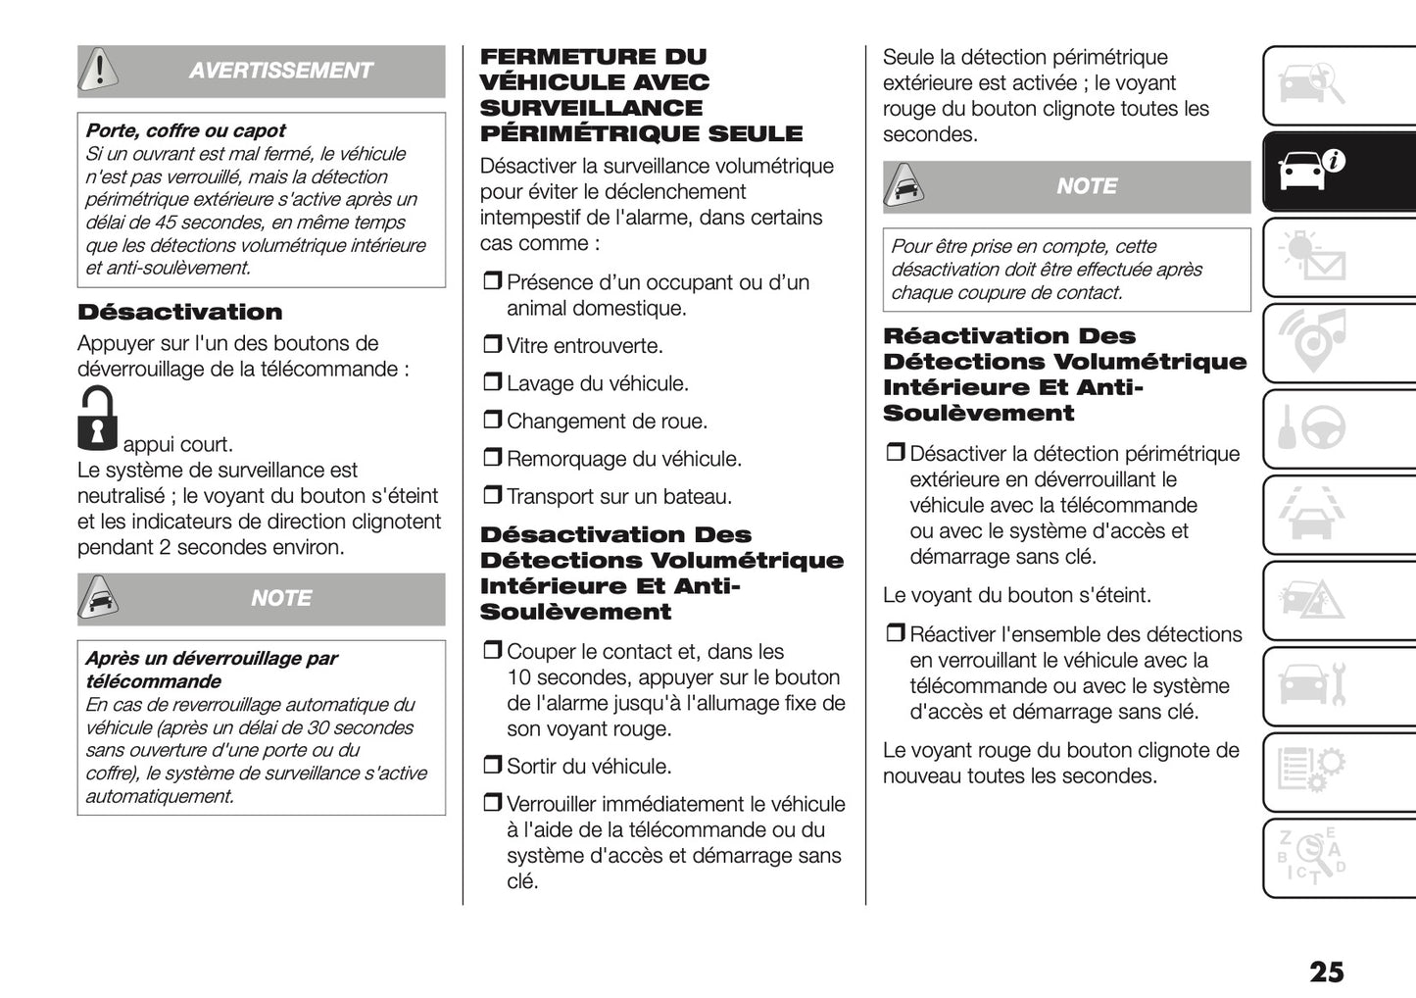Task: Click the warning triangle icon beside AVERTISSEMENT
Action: [x=99, y=69]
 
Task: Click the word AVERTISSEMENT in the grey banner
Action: [x=280, y=71]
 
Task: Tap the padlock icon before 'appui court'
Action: [x=97, y=420]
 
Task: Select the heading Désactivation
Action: [x=180, y=313]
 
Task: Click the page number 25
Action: [x=1326, y=972]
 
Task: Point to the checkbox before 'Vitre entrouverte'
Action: [x=492, y=345]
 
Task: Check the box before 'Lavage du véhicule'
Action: [x=492, y=382]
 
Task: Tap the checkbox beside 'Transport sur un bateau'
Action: [x=492, y=495]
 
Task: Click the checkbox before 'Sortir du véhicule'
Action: [x=492, y=765]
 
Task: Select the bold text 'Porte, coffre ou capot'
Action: [x=186, y=130]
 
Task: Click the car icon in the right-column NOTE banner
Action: [x=903, y=185]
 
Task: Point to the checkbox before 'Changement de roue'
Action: [x=492, y=421]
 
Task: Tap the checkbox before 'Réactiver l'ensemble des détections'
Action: [x=895, y=633]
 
